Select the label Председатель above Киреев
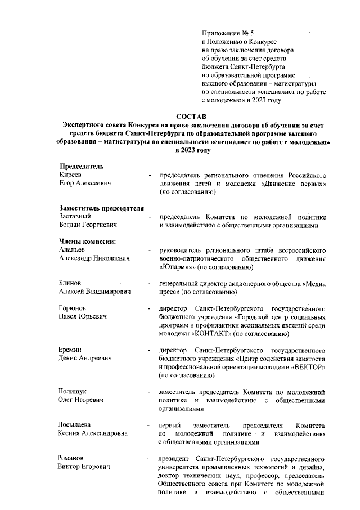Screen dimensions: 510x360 tap(81, 167)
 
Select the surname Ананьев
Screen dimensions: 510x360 tap(73, 250)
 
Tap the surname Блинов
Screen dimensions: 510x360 tap(70, 284)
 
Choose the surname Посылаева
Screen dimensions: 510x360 tap(75, 426)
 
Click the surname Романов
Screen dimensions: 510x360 tap(73, 459)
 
